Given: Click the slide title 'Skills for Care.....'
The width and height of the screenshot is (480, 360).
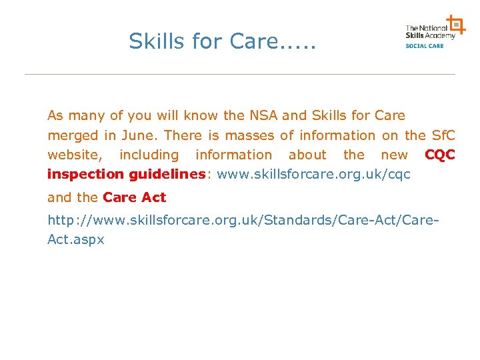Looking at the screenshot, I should point(222,41).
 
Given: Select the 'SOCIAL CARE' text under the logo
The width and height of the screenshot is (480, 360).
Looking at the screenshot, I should point(425,45).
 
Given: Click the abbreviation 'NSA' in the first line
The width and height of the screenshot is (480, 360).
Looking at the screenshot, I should point(263,115).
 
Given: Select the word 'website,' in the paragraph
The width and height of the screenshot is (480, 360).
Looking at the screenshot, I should point(75,155).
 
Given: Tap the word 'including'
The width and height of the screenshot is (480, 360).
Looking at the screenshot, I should point(149,155).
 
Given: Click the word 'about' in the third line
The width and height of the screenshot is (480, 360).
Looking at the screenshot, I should point(307,155).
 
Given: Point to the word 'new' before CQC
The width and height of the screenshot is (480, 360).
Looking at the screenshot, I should point(394,155).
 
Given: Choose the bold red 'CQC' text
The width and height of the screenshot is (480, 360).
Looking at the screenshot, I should point(440,155).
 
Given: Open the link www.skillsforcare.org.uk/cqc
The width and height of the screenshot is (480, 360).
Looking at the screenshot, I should point(314,175).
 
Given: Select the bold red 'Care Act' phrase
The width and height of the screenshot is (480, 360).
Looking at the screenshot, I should point(135,197).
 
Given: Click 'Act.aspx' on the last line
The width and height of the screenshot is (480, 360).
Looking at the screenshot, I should point(76,239).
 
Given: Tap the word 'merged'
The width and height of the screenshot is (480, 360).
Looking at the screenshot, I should point(73,135).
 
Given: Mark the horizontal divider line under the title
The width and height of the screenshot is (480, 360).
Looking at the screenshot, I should point(240,74).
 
